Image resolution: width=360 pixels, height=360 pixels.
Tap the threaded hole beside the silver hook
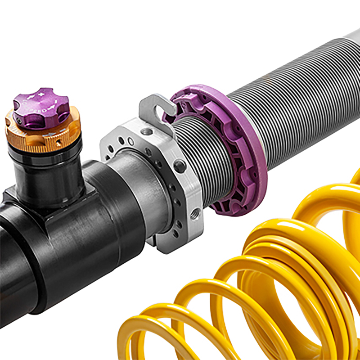[x=146, y=131]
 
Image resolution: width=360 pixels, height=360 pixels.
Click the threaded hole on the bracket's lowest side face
[x=195, y=213]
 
